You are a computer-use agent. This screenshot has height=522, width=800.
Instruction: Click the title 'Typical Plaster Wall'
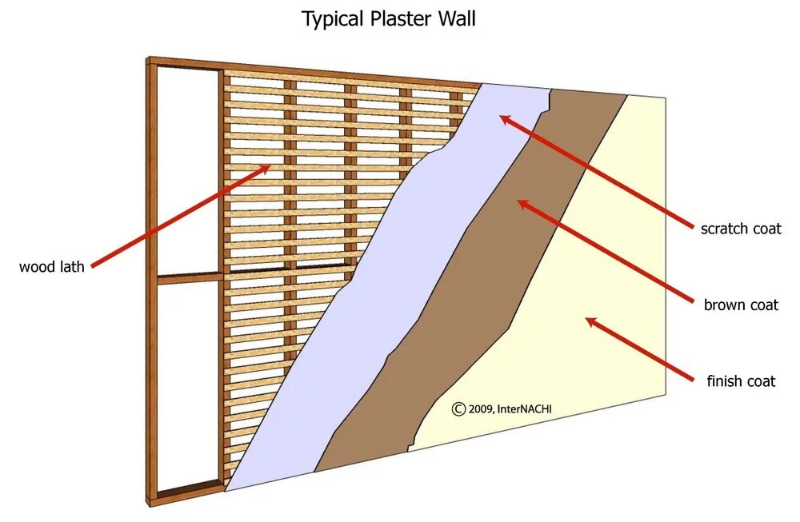click(x=388, y=18)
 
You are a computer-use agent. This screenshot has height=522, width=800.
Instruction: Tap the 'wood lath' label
click(x=51, y=266)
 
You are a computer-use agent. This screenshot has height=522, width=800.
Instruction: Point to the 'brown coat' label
click(x=741, y=305)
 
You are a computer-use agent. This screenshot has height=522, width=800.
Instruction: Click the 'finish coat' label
click(x=741, y=381)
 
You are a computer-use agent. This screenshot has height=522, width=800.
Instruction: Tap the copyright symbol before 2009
click(x=458, y=408)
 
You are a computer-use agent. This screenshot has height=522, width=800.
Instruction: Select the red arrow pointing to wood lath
click(x=184, y=215)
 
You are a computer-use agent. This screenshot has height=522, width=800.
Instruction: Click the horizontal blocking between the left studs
click(x=190, y=277)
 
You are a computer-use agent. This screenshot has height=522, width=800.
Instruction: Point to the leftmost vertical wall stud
click(x=151, y=280)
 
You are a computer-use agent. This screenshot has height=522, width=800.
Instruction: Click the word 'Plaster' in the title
click(x=402, y=18)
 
